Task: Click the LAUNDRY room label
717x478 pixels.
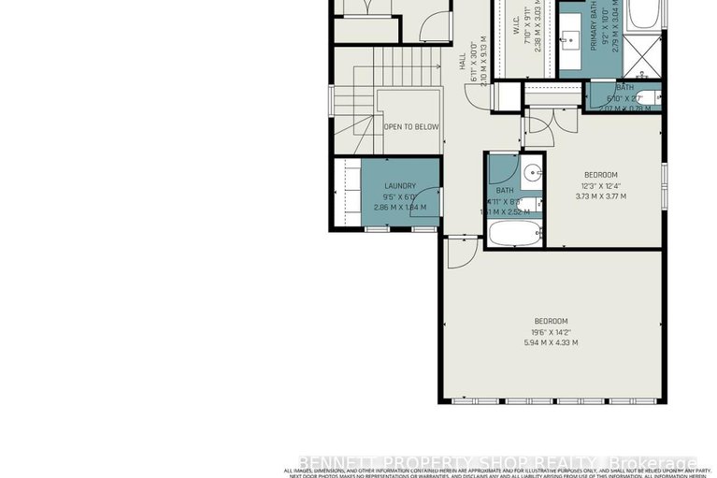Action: click(x=400, y=186)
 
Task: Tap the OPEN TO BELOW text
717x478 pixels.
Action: click(x=410, y=125)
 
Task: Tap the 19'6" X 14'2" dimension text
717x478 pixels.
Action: click(x=551, y=331)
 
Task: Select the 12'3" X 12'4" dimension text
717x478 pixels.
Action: click(x=600, y=185)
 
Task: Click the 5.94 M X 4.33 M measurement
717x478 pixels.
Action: click(x=551, y=342)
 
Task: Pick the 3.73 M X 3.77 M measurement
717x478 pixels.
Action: click(x=600, y=196)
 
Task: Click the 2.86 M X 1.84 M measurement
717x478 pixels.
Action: click(x=399, y=208)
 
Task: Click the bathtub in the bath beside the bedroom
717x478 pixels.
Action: click(x=513, y=234)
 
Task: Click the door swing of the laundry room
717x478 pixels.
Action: click(x=429, y=202)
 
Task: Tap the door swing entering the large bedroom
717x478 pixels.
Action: click(x=457, y=250)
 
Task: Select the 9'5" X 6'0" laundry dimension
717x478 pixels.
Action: click(x=400, y=197)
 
